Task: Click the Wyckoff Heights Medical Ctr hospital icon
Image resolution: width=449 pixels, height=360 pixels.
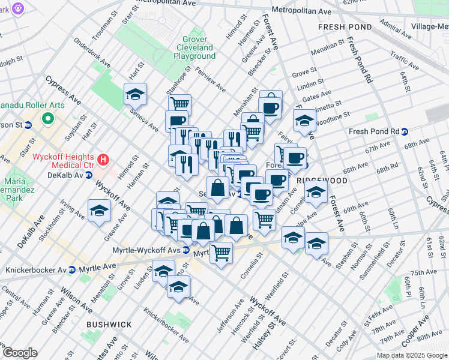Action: (104, 160)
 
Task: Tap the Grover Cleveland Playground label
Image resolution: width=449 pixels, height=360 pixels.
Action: (194, 47)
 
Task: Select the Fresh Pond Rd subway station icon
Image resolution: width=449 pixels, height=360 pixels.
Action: (405, 132)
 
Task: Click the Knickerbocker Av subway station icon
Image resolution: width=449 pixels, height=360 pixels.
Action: (72, 270)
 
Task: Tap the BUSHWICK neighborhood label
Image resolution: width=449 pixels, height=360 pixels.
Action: (109, 324)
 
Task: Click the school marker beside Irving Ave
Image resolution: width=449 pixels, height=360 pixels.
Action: (100, 210)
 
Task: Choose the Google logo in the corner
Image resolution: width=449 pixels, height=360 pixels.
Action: (20, 353)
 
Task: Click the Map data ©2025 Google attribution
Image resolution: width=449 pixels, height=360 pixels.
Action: (412, 355)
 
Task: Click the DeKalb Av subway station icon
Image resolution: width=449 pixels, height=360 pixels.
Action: (88, 175)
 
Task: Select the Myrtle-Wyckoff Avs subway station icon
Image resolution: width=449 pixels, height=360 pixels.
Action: (187, 250)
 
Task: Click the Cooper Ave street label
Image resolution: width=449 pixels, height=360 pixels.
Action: (415, 330)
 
